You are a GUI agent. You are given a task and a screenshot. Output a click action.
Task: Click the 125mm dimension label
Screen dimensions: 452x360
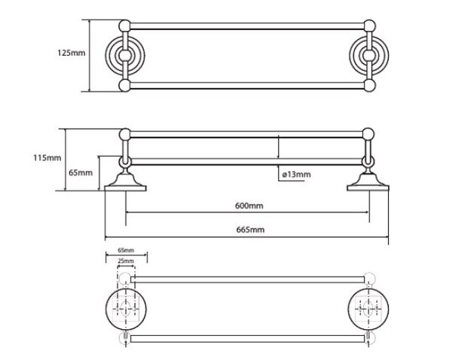tap(72, 53)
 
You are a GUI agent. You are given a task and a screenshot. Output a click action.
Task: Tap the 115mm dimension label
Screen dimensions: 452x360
tap(47, 158)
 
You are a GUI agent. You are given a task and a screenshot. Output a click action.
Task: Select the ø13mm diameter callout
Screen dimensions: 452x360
tap(296, 175)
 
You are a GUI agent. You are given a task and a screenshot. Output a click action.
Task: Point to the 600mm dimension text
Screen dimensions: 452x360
tap(249, 206)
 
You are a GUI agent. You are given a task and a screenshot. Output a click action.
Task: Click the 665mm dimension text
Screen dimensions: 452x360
tap(250, 230)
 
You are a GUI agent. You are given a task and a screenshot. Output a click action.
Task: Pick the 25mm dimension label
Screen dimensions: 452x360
tap(126, 261)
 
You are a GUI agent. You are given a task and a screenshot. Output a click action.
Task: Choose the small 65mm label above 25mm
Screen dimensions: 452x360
tap(126, 250)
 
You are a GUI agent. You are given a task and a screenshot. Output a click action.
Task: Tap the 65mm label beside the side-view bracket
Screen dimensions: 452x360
tap(81, 173)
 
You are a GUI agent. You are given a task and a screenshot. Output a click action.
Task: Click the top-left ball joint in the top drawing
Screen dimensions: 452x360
tap(125, 26)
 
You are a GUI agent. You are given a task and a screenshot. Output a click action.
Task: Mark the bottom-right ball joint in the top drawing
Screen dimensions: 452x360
tap(370, 86)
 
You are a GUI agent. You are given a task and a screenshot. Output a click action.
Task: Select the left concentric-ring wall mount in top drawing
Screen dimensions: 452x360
tap(125, 56)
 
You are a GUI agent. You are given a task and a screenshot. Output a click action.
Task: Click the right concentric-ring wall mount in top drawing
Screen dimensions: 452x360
tap(369, 56)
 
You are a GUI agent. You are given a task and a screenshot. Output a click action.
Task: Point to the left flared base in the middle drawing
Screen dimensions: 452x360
tap(125, 182)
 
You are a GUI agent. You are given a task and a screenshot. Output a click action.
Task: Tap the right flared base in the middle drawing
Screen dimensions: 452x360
tap(368, 182)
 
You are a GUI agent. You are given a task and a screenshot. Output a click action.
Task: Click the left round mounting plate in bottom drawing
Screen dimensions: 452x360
tap(126, 309)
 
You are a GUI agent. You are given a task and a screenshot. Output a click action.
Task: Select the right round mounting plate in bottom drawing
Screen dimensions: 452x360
tap(368, 309)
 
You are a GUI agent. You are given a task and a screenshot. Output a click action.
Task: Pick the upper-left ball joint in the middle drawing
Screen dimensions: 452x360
tap(125, 134)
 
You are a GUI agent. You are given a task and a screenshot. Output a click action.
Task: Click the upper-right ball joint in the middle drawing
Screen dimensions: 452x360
tap(368, 134)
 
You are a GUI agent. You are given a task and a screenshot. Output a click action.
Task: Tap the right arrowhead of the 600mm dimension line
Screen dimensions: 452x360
tap(368, 212)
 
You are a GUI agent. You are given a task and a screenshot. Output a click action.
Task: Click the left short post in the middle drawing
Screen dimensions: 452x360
tap(125, 148)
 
